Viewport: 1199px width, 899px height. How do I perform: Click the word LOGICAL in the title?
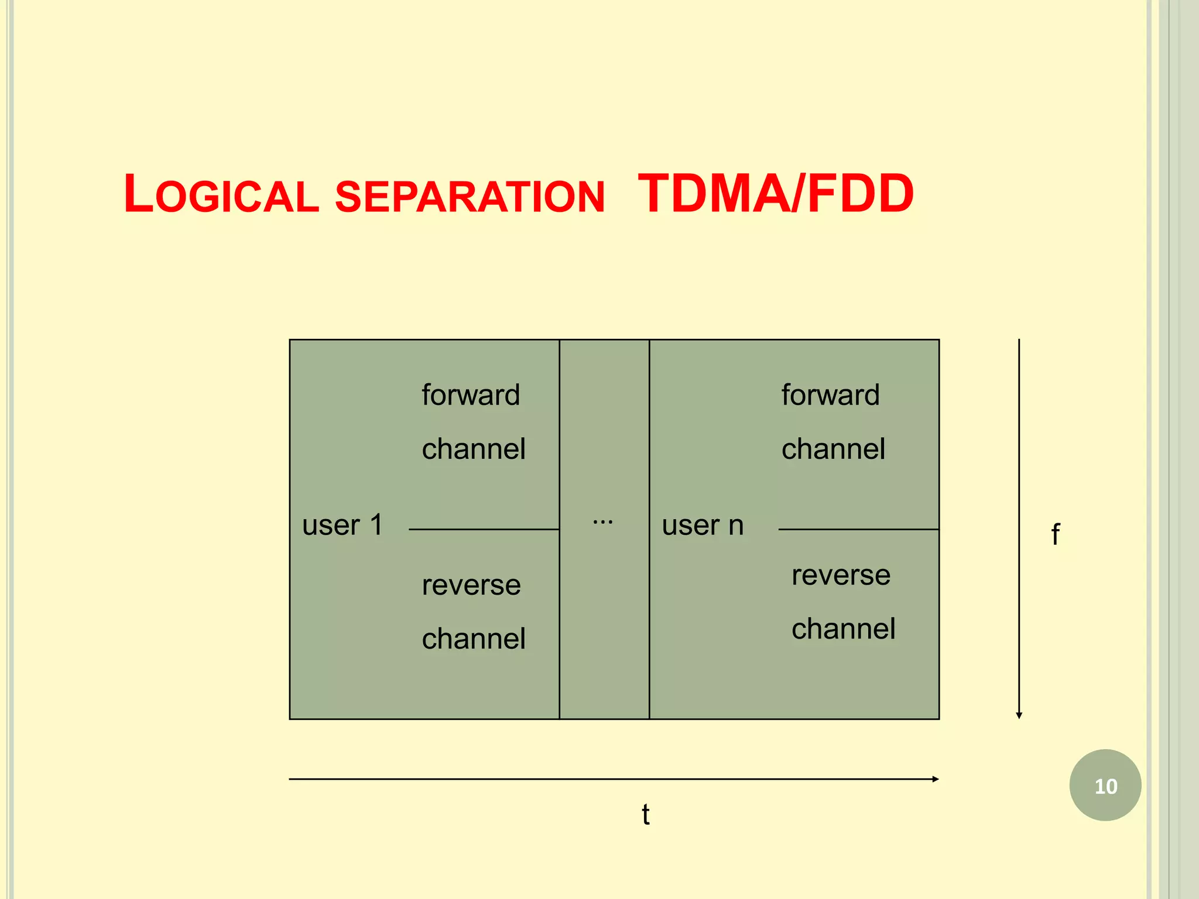coord(221,195)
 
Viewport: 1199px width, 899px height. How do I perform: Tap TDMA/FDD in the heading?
coord(775,194)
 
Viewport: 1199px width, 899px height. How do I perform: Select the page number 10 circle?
coord(1105,785)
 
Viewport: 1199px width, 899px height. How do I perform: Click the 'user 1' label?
coord(342,525)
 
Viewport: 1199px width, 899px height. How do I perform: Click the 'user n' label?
coord(703,525)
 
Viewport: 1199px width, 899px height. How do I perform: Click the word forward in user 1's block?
coord(471,395)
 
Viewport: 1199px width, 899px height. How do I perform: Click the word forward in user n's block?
coord(830,395)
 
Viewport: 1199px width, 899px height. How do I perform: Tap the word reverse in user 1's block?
coord(471,585)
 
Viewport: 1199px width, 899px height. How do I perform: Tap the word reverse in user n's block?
coord(841,575)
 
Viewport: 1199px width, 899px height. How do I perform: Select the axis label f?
coord(1055,534)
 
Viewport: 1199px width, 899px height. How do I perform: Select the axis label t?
coord(645,815)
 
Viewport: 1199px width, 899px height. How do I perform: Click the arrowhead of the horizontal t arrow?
coord(936,779)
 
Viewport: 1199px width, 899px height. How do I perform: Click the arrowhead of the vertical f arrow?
coord(1019,715)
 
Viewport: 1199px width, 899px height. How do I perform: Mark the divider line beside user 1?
coord(484,530)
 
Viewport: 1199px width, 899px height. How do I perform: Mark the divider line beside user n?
coord(858,530)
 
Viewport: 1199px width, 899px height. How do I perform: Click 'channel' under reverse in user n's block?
coord(843,629)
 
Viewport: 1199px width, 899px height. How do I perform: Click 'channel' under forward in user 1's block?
coord(474,449)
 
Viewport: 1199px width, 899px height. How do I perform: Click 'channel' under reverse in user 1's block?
coord(474,639)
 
